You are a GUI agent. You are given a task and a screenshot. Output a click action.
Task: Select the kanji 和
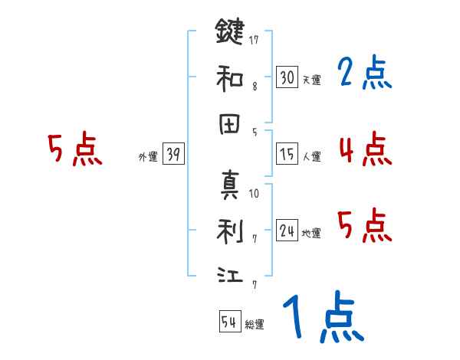point(230,77)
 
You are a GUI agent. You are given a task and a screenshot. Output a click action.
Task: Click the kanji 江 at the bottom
point(230,274)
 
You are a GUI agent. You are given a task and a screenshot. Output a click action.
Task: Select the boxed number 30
point(287,77)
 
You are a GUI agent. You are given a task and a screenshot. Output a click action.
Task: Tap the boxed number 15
point(287,155)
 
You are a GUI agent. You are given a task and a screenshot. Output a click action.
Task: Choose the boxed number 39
point(173,155)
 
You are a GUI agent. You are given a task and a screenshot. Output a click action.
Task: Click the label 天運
point(311,80)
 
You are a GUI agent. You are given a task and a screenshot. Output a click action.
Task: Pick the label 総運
point(255,325)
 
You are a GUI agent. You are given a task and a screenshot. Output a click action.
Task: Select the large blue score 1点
point(322,318)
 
